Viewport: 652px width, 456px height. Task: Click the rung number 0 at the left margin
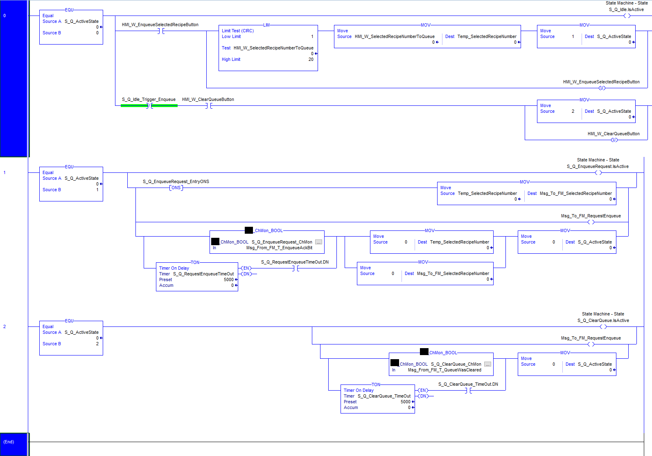(x=5, y=16)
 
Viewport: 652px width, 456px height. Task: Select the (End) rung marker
(x=9, y=442)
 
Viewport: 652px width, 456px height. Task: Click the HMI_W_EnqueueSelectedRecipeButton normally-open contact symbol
(x=161, y=31)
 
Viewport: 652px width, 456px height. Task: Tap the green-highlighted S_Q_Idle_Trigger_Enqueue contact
(x=149, y=106)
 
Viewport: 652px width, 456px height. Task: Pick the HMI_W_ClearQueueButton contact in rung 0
(x=209, y=106)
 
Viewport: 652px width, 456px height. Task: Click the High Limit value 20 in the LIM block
(x=311, y=59)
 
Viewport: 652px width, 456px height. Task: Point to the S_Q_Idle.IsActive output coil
(x=627, y=16)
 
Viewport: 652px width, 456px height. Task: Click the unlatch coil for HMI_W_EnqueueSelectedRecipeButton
(x=602, y=88)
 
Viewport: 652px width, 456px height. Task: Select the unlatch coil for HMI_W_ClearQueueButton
(x=614, y=140)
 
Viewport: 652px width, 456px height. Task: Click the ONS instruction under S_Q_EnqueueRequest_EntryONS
(x=176, y=188)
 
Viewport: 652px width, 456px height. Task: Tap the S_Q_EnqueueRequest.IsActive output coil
(x=598, y=173)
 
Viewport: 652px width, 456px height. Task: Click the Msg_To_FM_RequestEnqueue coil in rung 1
(x=591, y=222)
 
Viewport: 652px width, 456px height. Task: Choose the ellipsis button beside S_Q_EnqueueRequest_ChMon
(x=319, y=242)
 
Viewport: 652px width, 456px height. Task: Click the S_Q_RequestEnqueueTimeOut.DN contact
(x=296, y=268)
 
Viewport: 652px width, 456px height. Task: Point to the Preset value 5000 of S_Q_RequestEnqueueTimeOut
(x=229, y=279)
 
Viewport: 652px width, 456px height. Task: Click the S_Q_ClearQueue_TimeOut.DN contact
(x=468, y=390)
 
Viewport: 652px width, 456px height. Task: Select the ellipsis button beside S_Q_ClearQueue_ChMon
(x=488, y=364)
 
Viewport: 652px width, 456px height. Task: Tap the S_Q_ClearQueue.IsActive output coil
(x=603, y=326)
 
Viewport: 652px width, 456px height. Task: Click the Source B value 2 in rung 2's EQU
(x=97, y=344)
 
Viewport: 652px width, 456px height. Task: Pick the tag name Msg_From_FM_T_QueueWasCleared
(x=444, y=370)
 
